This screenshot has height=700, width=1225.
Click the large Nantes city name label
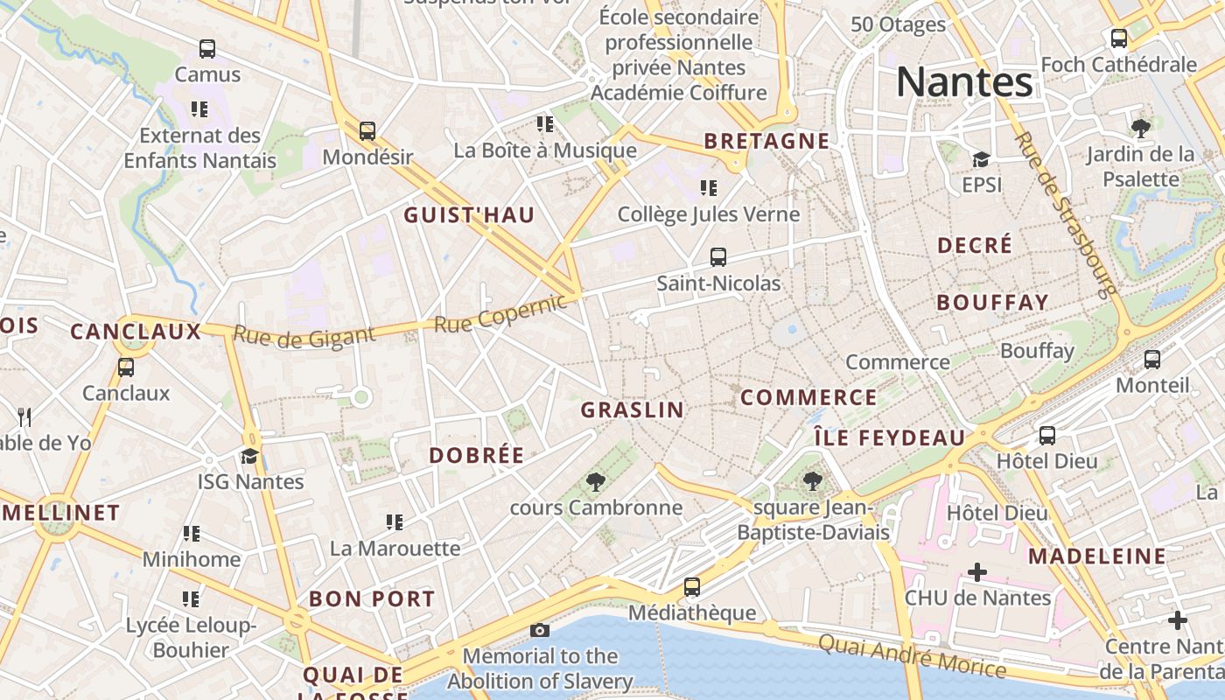(x=964, y=82)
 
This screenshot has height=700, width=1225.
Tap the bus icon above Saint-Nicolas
(x=717, y=256)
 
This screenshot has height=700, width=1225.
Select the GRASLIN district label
(x=632, y=409)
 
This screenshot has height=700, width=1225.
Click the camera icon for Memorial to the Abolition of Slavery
(x=540, y=630)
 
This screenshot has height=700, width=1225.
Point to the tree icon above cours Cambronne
(x=595, y=481)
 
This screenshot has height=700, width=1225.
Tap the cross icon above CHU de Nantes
(x=976, y=572)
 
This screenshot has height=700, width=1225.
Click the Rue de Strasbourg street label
(x=1065, y=214)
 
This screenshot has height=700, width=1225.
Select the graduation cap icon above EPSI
(x=981, y=159)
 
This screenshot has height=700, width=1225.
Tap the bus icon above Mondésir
(x=367, y=131)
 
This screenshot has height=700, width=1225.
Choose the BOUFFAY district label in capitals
(x=992, y=303)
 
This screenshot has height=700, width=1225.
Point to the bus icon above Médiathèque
(x=691, y=586)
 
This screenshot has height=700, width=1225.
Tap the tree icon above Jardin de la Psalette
(x=1140, y=129)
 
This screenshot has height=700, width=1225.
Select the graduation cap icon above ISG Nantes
(x=250, y=456)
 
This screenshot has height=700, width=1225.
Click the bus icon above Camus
(x=207, y=48)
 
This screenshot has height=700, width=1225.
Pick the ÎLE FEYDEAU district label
(x=889, y=437)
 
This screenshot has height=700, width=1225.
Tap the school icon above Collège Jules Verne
(x=709, y=187)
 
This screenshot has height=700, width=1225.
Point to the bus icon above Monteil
(x=1152, y=359)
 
